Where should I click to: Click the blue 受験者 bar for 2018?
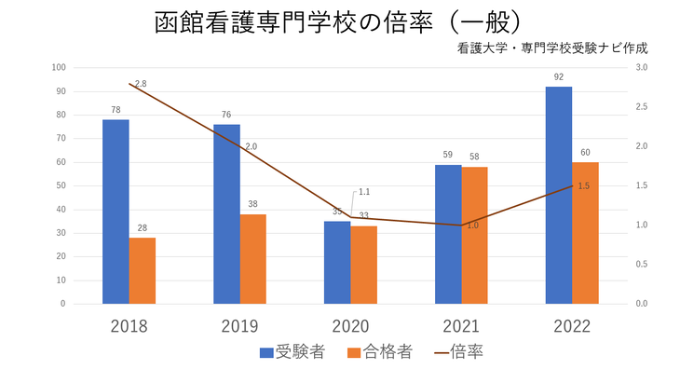click(116, 212)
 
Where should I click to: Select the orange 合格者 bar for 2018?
click(143, 270)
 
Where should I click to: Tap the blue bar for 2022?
click(559, 195)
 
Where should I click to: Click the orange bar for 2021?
click(475, 235)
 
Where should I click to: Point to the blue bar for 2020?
click(337, 262)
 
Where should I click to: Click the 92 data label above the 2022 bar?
click(559, 77)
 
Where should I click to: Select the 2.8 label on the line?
click(141, 84)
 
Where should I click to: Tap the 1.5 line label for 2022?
click(584, 186)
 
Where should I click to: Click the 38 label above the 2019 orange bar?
click(253, 205)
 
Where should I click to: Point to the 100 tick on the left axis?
click(60, 67)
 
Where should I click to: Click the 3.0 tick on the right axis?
click(643, 67)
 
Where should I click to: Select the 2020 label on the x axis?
click(350, 326)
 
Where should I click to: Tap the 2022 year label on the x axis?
click(572, 326)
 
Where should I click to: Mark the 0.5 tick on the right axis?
click(643, 264)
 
